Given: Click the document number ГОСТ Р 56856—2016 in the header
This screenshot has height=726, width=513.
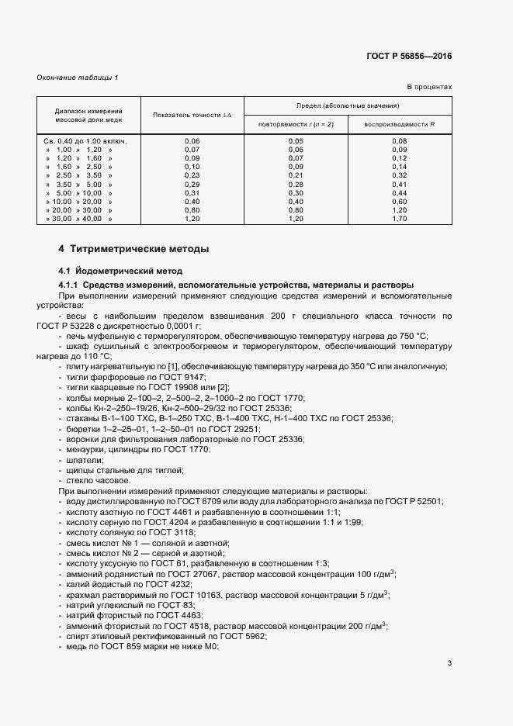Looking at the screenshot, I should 408,57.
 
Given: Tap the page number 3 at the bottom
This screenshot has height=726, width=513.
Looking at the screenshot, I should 450,663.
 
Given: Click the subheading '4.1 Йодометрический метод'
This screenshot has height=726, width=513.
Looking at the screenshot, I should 120,271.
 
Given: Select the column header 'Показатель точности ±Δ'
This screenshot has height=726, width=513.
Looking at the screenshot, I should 192,115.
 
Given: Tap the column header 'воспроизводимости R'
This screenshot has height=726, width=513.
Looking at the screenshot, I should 400,124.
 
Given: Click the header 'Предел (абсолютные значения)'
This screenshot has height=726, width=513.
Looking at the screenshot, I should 348,104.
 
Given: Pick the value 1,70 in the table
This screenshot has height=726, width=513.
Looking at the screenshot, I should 400,220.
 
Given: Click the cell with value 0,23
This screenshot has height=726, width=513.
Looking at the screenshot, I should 192,175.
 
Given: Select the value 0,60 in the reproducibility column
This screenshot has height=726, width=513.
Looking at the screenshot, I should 400,202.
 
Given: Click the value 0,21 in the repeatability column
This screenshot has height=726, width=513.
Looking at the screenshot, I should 296,175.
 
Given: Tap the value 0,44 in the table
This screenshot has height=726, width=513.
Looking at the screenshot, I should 400,193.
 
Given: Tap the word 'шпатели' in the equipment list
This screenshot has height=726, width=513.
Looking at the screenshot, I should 80,460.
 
